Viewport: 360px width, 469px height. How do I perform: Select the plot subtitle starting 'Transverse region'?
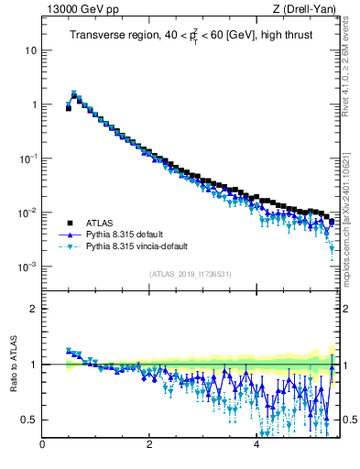(x=190, y=36)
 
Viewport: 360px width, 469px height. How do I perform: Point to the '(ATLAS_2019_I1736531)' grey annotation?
(x=190, y=275)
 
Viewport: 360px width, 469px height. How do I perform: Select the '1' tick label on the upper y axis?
(x=34, y=104)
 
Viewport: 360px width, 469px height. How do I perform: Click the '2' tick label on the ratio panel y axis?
(x=34, y=309)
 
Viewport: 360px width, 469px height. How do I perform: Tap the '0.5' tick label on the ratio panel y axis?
(x=29, y=420)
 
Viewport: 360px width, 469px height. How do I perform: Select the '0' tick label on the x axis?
(x=42, y=445)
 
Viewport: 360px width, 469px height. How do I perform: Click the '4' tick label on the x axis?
(x=256, y=445)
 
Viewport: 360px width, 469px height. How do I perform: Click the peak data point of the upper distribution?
(x=74, y=94)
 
